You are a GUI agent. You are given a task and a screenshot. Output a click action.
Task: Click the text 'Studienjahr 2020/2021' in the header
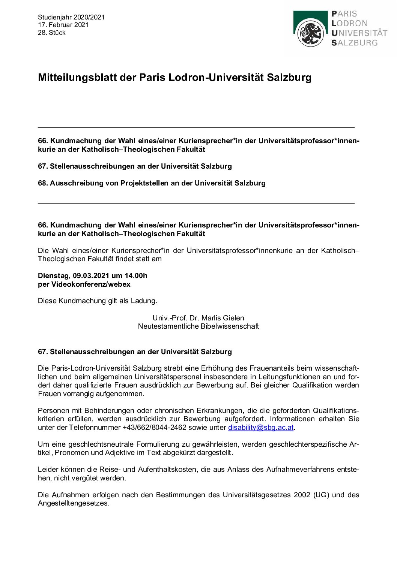click(x=71, y=17)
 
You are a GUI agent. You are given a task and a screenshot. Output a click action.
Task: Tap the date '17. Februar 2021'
click(x=63, y=25)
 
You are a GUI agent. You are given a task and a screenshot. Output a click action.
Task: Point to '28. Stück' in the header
click(x=52, y=33)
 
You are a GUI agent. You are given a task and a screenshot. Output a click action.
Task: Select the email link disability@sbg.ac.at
click(x=261, y=428)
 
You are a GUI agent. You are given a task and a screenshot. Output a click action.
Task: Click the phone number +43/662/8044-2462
click(x=155, y=428)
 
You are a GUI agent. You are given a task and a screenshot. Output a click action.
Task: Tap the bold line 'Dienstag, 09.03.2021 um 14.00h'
click(x=93, y=276)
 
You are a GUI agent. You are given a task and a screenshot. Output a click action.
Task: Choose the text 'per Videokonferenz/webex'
click(x=84, y=284)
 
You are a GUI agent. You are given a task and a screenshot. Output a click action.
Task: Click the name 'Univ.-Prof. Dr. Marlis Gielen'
click(x=198, y=318)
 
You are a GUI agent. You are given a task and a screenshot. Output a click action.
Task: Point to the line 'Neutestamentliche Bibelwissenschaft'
click(x=198, y=326)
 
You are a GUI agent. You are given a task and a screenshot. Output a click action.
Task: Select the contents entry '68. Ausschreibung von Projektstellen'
click(x=152, y=183)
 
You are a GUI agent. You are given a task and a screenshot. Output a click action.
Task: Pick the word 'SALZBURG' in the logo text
click(x=354, y=43)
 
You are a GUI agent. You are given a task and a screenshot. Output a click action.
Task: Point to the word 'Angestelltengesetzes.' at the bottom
click(x=74, y=503)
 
